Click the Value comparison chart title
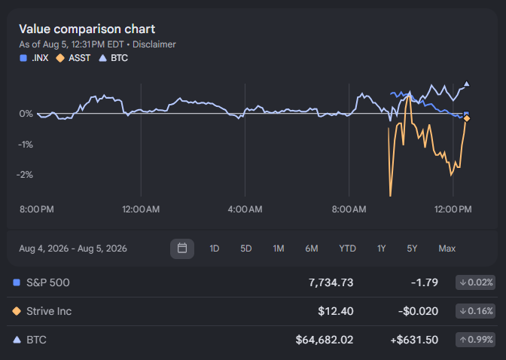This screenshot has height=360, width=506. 87,29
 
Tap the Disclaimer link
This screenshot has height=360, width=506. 154,44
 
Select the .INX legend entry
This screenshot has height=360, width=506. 34,58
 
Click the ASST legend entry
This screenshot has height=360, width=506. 73,58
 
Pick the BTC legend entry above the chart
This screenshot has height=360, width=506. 113,58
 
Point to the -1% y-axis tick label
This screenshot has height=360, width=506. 26,145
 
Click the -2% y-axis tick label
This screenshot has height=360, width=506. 25,175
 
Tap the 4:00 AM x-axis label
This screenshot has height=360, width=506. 245,209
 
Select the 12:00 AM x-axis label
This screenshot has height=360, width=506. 141,209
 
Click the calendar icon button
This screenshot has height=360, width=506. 182,249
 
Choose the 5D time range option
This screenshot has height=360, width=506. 246,249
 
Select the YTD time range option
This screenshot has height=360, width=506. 347,249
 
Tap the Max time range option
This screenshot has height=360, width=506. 447,249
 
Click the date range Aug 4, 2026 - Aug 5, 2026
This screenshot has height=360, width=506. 73,249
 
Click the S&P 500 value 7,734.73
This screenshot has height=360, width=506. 331,282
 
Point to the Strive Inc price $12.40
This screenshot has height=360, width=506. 336,311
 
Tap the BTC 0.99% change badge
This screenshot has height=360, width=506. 475,340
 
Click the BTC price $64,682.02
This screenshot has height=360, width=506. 325,340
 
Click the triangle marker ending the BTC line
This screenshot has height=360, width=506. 467,84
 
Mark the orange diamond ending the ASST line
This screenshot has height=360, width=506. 467,119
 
